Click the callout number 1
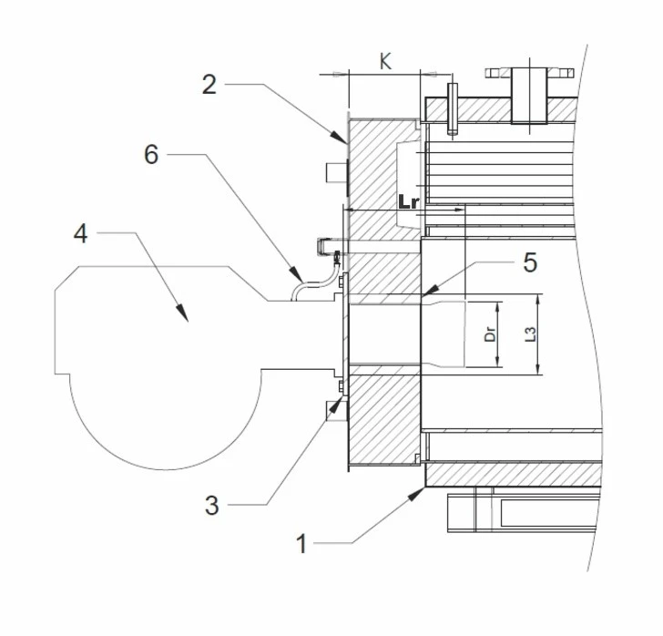(x=302, y=544)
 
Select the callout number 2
(x=209, y=85)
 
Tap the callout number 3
(x=212, y=505)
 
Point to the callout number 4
(x=81, y=234)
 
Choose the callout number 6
(x=151, y=155)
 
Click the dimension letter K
(x=385, y=62)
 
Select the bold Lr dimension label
(x=409, y=201)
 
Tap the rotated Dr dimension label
(x=489, y=333)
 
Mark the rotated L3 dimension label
(x=531, y=333)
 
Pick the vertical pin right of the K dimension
(x=451, y=108)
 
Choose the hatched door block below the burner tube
(x=382, y=419)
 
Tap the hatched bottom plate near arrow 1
(x=510, y=474)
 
